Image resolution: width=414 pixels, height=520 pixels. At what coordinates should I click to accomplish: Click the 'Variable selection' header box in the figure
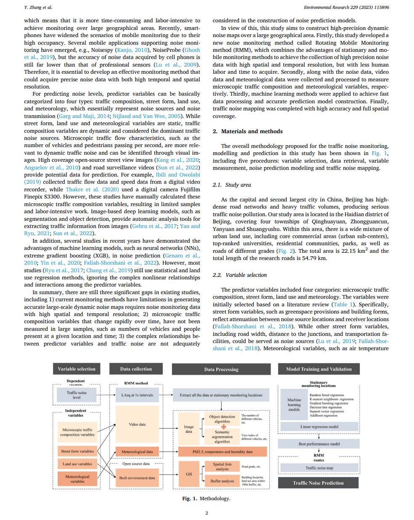click(77, 369)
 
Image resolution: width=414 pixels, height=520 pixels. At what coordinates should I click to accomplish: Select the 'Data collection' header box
click(136, 369)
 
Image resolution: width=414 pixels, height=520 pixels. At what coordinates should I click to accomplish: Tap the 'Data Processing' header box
click(221, 369)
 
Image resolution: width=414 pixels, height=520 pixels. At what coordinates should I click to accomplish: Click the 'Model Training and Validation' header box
click(318, 369)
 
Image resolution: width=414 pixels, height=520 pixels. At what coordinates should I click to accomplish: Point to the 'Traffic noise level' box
click(77, 395)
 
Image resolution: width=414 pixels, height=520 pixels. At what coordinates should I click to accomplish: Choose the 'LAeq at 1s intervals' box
click(137, 395)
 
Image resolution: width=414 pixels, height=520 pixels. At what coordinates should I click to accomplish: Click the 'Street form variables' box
click(77, 451)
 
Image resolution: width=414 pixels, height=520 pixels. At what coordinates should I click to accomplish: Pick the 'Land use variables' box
click(77, 464)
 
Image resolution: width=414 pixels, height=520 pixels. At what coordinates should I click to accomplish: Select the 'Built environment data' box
click(137, 477)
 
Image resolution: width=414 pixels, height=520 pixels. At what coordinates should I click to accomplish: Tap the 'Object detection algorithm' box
click(222, 419)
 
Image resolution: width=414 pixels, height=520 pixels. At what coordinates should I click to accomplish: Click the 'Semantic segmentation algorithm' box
click(222, 437)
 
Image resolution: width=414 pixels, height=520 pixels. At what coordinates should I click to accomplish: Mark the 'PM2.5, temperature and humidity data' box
click(223, 451)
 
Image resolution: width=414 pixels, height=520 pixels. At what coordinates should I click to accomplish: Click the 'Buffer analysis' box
click(222, 481)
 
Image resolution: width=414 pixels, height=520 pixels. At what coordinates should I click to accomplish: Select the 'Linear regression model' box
click(319, 426)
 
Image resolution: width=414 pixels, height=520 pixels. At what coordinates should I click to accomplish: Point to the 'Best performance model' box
click(319, 444)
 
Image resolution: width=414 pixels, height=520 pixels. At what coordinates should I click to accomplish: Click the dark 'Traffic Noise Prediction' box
click(318, 483)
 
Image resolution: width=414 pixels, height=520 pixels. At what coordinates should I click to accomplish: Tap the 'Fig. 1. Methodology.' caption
click(206, 499)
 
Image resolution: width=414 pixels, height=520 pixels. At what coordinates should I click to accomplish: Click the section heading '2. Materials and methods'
click(247, 131)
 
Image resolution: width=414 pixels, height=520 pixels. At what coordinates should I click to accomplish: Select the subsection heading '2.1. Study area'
click(232, 185)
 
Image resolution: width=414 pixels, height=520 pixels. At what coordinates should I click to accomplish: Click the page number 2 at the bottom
click(207, 513)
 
